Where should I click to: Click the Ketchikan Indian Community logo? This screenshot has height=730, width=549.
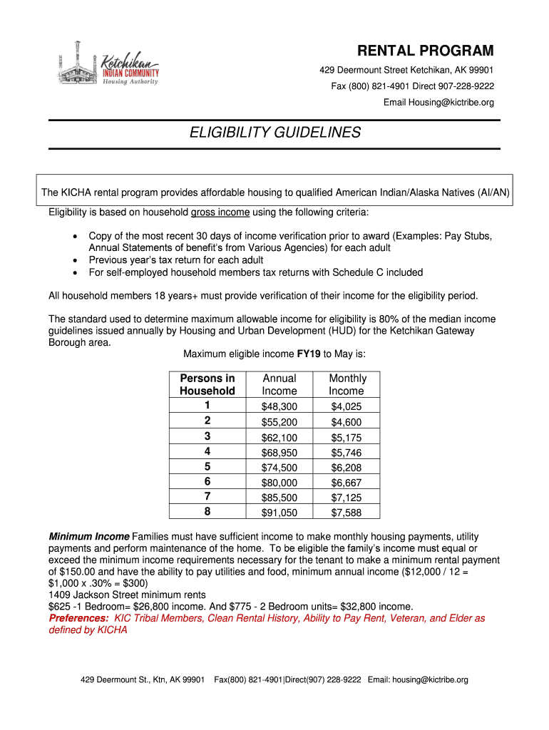108,66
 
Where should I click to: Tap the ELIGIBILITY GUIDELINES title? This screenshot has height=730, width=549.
274,133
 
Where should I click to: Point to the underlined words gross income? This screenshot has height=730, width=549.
220,212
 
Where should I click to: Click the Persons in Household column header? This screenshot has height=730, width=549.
207,384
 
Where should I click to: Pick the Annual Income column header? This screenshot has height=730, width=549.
279,384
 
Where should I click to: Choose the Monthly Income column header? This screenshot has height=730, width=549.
347,384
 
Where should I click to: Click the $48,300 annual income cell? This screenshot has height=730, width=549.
279,406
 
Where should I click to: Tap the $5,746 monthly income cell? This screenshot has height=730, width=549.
347,452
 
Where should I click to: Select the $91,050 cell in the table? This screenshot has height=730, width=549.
279,512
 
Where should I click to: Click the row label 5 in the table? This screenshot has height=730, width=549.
207,467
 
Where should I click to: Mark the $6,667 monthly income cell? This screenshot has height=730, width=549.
347,482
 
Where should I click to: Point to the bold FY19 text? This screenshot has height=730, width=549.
309,354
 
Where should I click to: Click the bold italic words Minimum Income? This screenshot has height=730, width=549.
89,536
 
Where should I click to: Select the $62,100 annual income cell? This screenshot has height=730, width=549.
279,437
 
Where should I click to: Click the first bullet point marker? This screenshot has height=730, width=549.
76,236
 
